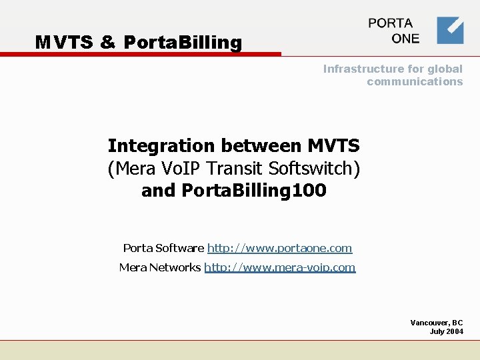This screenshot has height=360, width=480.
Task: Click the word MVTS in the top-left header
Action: coord(64,43)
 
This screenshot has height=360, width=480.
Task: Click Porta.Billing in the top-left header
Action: coord(183,43)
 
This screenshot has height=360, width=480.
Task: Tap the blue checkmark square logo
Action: coord(450,30)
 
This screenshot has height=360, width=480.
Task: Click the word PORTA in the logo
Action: coord(391,23)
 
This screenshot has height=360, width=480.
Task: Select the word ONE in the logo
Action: coord(405,39)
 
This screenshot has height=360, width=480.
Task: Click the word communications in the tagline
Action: coord(414,81)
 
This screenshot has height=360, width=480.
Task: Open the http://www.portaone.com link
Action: coord(279,248)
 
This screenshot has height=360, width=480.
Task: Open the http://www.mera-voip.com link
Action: coord(279,267)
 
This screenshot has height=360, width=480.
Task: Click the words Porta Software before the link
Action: coord(163,248)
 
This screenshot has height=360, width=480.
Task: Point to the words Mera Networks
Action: coord(159,267)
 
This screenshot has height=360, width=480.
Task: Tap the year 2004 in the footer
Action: coord(454,331)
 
